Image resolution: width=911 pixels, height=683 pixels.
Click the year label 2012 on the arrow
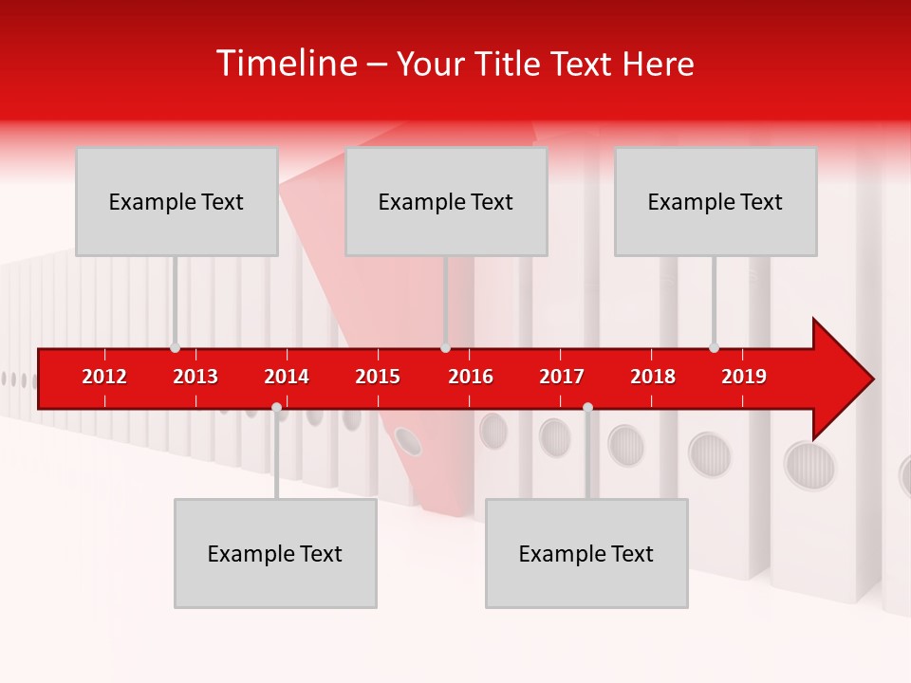pos(104,377)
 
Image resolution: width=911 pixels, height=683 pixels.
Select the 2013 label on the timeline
pos(195,377)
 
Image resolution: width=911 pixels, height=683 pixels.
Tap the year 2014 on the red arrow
pos(287,377)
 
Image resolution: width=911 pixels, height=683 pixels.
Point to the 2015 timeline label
pos(378,377)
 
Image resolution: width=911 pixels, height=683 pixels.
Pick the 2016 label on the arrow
pos(471,377)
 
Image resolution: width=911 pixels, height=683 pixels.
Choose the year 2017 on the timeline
pos(562,377)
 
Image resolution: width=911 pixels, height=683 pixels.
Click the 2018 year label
pos(653,377)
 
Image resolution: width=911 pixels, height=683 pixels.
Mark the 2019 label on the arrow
pos(744,377)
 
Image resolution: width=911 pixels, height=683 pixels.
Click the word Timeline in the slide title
pos(286,64)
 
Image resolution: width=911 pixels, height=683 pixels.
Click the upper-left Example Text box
pos(177,201)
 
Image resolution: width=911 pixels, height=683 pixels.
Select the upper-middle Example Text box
pos(446,201)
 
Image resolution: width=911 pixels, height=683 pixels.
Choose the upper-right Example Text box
pos(716,201)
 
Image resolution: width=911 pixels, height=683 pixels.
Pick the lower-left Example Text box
pos(275,553)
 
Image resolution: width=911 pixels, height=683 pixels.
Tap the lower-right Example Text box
pos(586,553)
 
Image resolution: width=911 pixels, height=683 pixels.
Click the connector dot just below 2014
pos(276,407)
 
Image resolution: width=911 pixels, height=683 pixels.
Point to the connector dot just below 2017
pos(587,407)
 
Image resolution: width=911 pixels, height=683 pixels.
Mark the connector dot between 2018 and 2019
pos(714,347)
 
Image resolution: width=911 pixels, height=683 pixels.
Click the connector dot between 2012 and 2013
pos(175,347)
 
